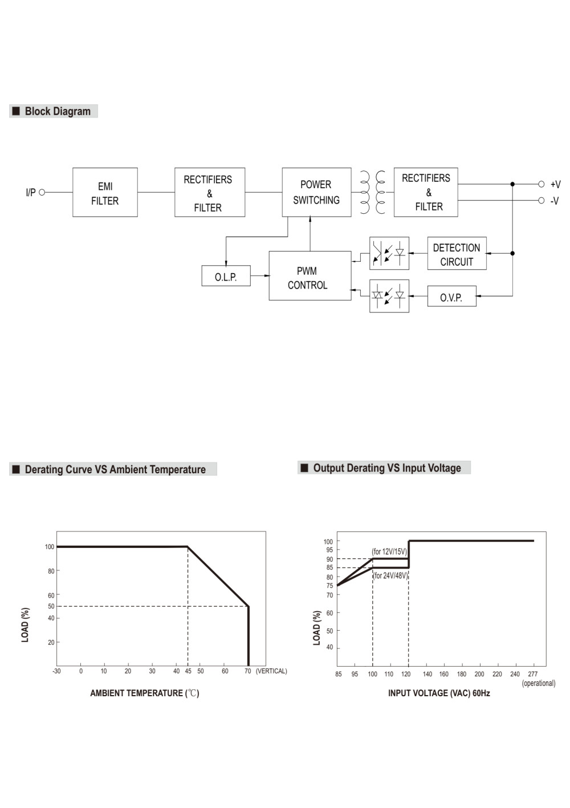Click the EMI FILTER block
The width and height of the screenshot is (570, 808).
[x=105, y=192]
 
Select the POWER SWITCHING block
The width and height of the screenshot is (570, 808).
[x=316, y=192]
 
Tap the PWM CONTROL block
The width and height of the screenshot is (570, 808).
[x=310, y=275]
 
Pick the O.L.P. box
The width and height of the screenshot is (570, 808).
[x=226, y=276]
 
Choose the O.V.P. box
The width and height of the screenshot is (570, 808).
[x=452, y=296]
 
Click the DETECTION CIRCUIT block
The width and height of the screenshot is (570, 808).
[x=457, y=253]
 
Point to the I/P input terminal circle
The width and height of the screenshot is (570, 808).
[x=42, y=192]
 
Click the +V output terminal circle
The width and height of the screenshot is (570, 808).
[x=541, y=184]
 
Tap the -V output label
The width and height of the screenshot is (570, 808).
[x=555, y=201]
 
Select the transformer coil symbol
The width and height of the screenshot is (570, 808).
[x=373, y=192]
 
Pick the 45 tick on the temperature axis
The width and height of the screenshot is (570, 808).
[x=188, y=671]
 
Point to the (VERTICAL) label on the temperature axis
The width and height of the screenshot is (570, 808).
[x=271, y=671]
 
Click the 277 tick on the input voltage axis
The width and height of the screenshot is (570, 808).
[x=532, y=674]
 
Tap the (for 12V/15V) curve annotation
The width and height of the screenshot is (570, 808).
[x=389, y=551]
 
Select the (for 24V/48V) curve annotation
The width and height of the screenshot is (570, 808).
[x=390, y=575]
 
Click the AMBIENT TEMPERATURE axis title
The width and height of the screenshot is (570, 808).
[x=145, y=693]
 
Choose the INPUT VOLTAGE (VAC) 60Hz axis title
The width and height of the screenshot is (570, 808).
[x=439, y=693]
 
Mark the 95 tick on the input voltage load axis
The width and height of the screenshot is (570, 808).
[x=329, y=550]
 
